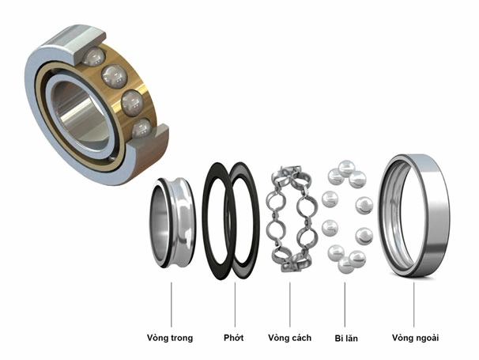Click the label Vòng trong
(170, 338)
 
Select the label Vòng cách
(289, 338)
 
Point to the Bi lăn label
(345, 338)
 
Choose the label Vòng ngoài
(415, 338)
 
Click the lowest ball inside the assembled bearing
(142, 127)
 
